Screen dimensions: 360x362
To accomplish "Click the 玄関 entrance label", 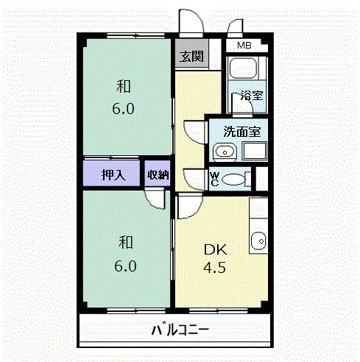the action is pos(191,57).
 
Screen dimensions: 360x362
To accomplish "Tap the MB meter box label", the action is pos(244,46).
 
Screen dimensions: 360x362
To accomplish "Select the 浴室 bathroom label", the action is pos(252,95).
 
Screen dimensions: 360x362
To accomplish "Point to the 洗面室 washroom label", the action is pos(241,132).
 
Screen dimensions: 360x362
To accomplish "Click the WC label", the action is pos(214,180).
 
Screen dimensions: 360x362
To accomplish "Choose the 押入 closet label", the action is pos(114,175).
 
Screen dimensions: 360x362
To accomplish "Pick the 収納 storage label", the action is pos(158,175).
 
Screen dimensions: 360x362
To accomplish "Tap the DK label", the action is pos(216,250).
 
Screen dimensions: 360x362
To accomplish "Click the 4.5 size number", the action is pos(214,267).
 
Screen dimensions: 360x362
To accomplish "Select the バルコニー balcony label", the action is pos(180,330).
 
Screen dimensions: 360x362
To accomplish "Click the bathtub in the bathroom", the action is pos(243,68).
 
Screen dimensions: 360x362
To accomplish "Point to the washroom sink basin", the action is pos(225,152).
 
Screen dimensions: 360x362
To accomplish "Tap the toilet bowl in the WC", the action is pos(233,180).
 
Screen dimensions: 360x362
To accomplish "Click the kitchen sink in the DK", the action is pos(258,241).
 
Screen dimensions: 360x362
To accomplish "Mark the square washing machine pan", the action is pos(254,151).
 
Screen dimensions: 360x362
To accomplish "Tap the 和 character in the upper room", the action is pos(124,86).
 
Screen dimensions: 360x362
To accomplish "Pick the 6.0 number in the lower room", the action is pos(125,266).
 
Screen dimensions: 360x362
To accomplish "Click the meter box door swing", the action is pos(235,26).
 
